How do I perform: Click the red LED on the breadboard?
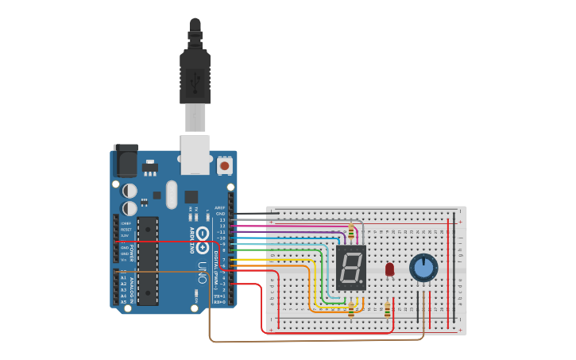pos(389,269)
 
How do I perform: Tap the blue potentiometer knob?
pos(424,268)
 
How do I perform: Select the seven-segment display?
pos(350,267)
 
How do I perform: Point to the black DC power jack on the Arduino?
pos(125,161)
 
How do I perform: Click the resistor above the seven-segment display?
pos(351,231)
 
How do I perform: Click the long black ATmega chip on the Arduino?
pos(148,261)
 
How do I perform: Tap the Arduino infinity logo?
pos(203,234)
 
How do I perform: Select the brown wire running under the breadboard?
pos(318,342)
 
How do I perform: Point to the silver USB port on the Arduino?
pos(195,154)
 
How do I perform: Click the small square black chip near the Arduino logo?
pos(191,196)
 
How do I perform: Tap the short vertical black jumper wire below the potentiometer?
pos(417,306)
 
